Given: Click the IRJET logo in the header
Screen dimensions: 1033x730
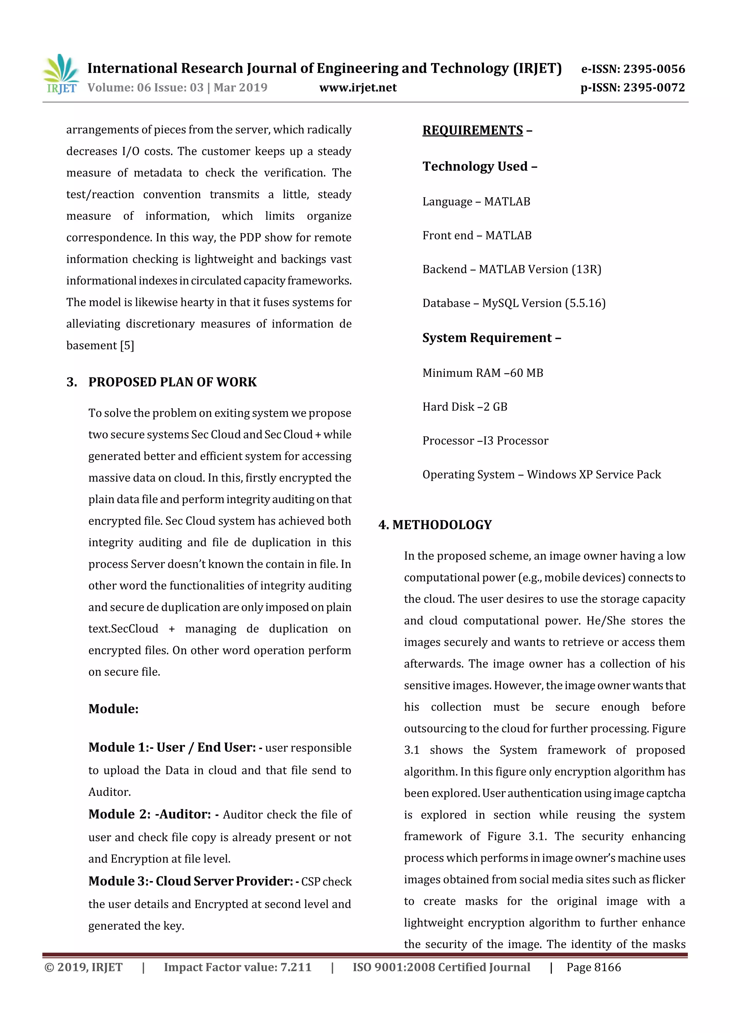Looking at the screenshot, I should [x=61, y=74].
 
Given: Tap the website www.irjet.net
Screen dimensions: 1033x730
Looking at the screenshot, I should [x=358, y=87].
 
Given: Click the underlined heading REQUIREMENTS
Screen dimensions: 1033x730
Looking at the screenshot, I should [x=472, y=131].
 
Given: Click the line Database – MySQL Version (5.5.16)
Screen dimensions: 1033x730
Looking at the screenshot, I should [x=514, y=303].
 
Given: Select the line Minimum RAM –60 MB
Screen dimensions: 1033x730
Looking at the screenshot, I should [x=483, y=373].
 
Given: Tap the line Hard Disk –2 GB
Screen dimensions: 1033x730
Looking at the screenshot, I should [x=465, y=407].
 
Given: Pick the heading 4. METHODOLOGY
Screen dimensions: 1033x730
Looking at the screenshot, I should [x=435, y=525].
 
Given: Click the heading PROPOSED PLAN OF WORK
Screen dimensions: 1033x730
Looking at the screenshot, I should [x=172, y=382].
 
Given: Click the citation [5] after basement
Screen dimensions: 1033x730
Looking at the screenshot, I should [x=127, y=346].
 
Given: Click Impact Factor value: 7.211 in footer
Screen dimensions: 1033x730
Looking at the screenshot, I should [x=237, y=967].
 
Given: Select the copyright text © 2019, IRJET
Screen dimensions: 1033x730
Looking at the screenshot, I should [x=83, y=967].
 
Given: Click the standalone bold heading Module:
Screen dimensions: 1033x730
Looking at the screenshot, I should [x=113, y=709].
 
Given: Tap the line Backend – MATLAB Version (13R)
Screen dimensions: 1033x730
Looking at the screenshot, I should [x=511, y=270].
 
